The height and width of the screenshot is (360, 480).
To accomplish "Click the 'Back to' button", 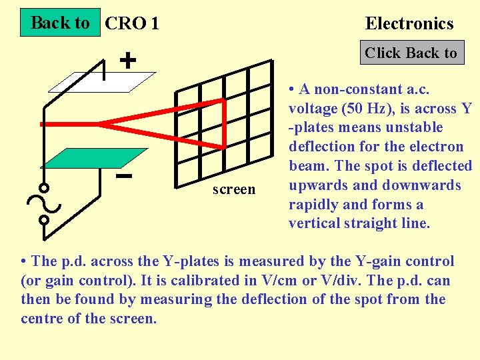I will (x=60, y=23).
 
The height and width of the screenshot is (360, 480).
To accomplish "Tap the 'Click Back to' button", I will (x=411, y=53).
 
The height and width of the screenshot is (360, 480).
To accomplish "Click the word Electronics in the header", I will (x=409, y=24).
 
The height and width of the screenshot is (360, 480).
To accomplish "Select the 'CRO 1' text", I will (x=132, y=24).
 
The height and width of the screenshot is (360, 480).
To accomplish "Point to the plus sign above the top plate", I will (x=128, y=61).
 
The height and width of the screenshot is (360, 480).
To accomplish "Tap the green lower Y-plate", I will (x=93, y=157).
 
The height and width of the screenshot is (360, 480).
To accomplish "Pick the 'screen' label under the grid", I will (x=234, y=189).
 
